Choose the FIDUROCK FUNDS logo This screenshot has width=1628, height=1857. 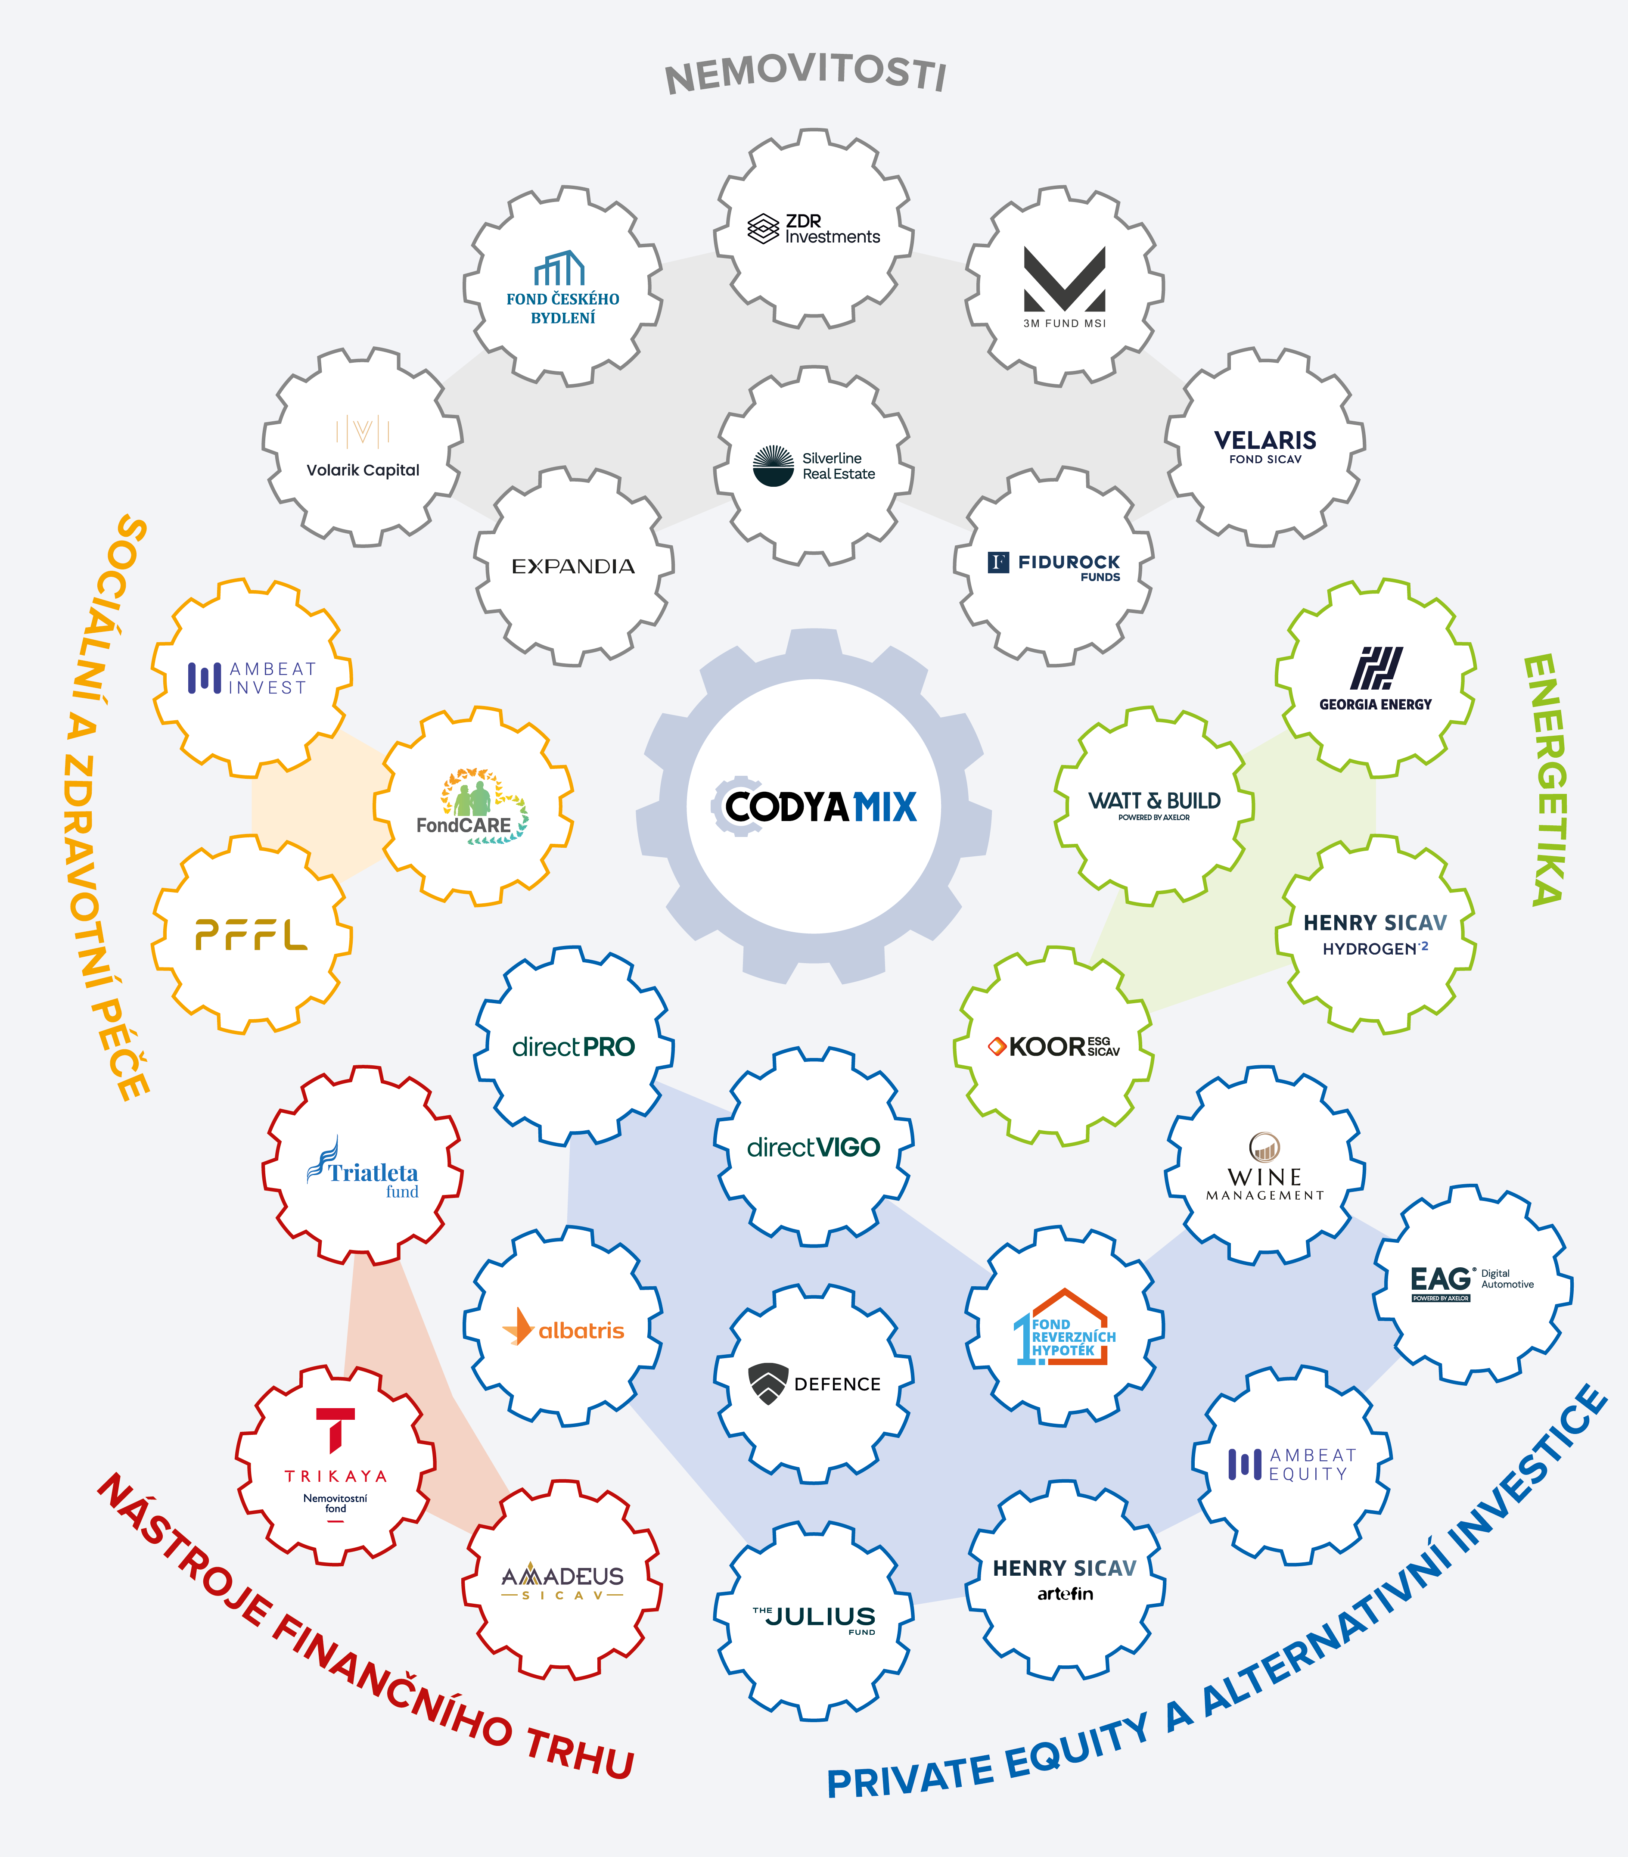pyautogui.click(x=1054, y=567)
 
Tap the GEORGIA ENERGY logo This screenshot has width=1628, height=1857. pyautogui.click(x=1376, y=678)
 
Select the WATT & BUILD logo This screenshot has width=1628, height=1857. pyautogui.click(x=1154, y=804)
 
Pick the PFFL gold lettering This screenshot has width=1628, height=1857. pyautogui.click(x=252, y=934)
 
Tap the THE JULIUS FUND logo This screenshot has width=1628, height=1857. pyautogui.click(x=814, y=1619)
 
